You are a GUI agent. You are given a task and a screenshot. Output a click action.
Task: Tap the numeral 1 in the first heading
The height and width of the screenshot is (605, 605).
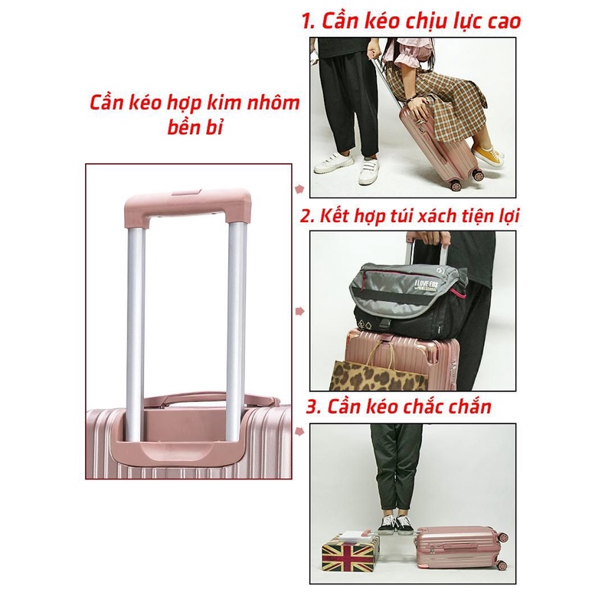(x=308, y=21)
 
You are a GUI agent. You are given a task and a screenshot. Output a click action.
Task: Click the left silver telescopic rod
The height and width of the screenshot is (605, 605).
(x=136, y=332)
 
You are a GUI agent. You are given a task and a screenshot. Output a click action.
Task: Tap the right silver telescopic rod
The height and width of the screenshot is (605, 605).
(x=236, y=332)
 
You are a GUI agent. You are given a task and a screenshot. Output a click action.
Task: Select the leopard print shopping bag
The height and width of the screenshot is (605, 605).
(x=379, y=375)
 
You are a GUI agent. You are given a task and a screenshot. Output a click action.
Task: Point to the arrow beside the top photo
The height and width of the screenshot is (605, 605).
(x=299, y=189)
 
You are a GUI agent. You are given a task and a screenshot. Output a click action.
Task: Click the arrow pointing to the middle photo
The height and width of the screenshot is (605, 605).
(x=299, y=311)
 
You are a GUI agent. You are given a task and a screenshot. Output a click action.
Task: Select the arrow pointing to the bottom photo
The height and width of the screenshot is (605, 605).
(x=299, y=431)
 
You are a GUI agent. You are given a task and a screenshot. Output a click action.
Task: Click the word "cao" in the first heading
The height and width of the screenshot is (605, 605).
(x=505, y=21)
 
